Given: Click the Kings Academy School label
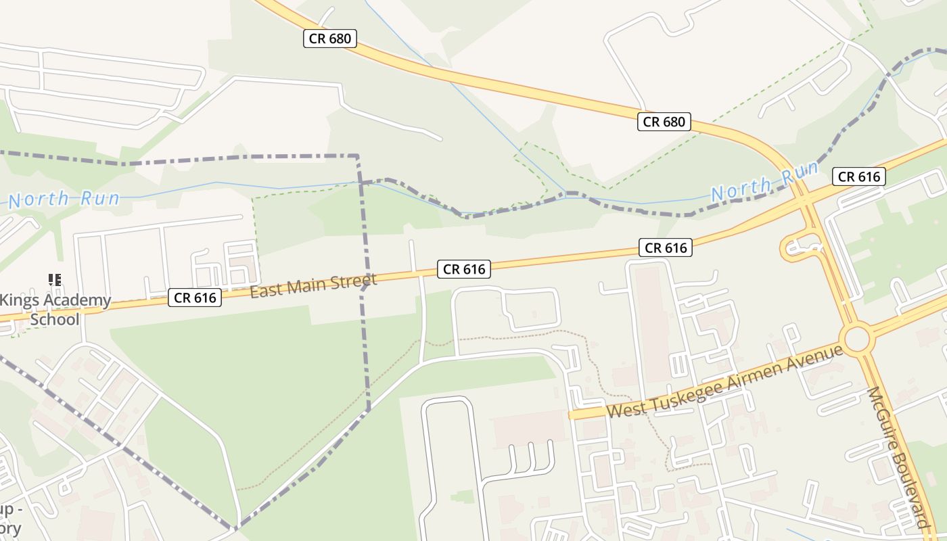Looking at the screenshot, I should (x=55, y=310).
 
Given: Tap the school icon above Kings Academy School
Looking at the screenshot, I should (x=55, y=279).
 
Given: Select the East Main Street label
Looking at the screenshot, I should (x=313, y=285).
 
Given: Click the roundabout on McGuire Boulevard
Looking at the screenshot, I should (x=856, y=338).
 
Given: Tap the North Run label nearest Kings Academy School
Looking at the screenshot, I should (x=64, y=199).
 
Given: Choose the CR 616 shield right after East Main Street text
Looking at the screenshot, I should (x=464, y=269).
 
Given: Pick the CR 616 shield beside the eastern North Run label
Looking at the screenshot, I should (x=859, y=177).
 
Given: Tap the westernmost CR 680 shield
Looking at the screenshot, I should (x=330, y=39).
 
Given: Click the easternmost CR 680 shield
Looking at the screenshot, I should (x=664, y=122).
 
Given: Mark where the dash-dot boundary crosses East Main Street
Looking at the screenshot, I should (x=365, y=281).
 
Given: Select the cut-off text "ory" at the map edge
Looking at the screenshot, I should (x=10, y=528).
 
